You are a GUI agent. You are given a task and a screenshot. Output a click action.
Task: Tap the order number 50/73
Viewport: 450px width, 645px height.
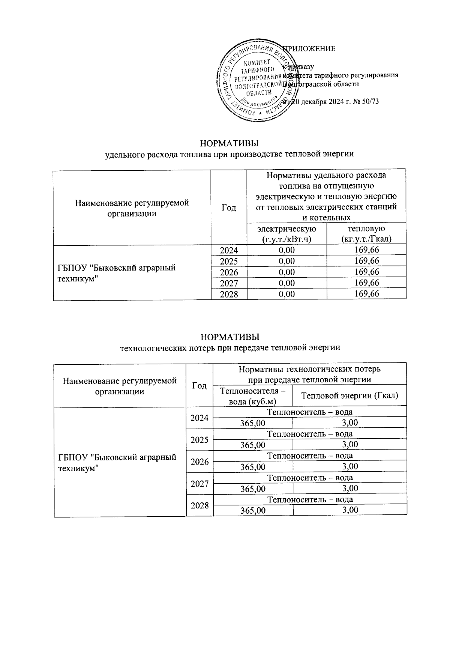pos(369,102)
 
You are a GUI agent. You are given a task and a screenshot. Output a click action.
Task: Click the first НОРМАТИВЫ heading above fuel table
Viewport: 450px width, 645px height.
pos(229,144)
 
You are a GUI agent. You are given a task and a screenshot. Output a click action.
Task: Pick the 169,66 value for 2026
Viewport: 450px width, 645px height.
pos(366,272)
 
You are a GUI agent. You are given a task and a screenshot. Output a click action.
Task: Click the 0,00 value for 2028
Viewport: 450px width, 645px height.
pos(287,294)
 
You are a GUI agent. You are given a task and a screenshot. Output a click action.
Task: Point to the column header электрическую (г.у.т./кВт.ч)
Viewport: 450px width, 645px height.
pos(286,233)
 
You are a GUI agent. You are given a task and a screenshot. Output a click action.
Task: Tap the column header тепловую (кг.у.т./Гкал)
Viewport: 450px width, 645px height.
pos(366,233)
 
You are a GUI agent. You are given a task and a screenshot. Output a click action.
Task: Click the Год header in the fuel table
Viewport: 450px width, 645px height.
pos(229,207)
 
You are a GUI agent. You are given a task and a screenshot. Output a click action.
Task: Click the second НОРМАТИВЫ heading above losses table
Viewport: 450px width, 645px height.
pos(229,337)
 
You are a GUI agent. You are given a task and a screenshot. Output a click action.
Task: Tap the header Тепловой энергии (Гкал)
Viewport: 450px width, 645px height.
pos(349,395)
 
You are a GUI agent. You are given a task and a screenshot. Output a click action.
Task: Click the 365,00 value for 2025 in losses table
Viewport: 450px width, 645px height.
pos(253,445)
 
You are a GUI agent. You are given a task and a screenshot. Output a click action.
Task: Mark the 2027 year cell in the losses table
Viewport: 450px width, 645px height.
pos(199,484)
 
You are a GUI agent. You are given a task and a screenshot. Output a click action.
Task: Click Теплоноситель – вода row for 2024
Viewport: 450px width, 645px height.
pos(310,412)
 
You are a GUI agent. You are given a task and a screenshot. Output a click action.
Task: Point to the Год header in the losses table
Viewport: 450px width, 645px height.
pos(199,385)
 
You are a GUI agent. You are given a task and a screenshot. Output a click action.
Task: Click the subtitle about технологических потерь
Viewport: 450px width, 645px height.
pos(229,347)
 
